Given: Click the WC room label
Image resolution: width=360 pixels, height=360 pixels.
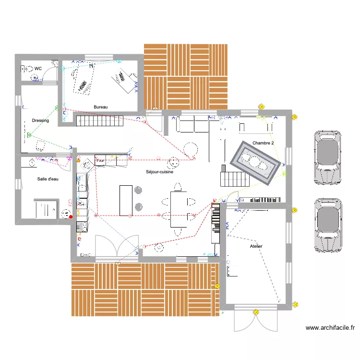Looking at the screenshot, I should [x=38, y=69].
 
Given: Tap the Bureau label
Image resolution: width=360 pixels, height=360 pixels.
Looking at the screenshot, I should [x=101, y=107].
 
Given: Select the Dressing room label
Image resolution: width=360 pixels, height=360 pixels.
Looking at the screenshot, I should [x=40, y=120].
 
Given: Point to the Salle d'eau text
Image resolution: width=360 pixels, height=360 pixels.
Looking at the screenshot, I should [x=48, y=179].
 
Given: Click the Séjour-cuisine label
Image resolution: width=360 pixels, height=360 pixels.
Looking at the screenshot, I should [x=160, y=172].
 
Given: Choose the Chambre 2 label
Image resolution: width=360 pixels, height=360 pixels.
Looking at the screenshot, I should [x=263, y=143].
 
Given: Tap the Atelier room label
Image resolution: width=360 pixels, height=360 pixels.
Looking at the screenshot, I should [x=256, y=246].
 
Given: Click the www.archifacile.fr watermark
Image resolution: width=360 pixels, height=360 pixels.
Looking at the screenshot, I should [x=330, y=328].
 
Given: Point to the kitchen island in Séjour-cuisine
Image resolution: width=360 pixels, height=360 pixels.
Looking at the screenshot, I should [x=126, y=200].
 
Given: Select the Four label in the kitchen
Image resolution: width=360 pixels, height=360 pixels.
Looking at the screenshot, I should [x=100, y=161].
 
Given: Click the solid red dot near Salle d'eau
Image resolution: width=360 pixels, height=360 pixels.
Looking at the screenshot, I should [x=71, y=216].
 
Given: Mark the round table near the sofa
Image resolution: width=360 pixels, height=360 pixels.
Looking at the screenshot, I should [x=191, y=149].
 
